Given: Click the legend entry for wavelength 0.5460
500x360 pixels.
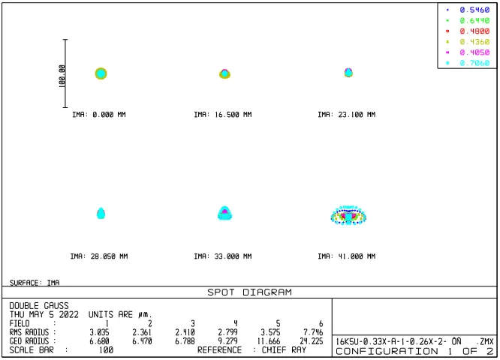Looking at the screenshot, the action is pos(474,10).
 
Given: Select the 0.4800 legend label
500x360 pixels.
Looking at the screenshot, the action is pos(474,31).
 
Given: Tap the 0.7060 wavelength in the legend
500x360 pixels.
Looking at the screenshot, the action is pos(474,63).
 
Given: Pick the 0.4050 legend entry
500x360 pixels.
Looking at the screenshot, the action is pos(474,52).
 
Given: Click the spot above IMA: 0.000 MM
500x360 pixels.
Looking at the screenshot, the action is pos(101,73).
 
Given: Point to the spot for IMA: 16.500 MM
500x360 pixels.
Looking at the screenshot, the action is pos(224,74).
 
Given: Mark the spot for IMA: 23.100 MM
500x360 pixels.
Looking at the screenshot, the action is pos(348,73).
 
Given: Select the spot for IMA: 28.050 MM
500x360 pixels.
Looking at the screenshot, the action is pos(101,213).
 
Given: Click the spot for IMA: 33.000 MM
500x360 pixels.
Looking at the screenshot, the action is pos(224,213).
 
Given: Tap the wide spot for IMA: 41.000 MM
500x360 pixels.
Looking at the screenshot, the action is pos(348,215).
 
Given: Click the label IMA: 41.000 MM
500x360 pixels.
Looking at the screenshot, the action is pos(347,256).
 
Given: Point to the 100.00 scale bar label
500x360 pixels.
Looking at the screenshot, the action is pos(62,76).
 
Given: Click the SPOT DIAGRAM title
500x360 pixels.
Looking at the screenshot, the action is pos(249,292).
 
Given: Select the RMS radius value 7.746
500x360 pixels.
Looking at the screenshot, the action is pos(313,332).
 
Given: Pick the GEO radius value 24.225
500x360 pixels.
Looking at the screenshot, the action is pos(312,341).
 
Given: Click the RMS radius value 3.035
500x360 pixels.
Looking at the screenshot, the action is pos(99,332).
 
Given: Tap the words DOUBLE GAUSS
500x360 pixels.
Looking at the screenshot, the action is pos(39,306).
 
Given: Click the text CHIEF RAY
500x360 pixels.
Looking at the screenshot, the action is pos(284,350).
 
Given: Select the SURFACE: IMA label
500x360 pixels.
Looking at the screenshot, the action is pos(35,283).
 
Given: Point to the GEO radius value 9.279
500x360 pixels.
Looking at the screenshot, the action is pos(227,341).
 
